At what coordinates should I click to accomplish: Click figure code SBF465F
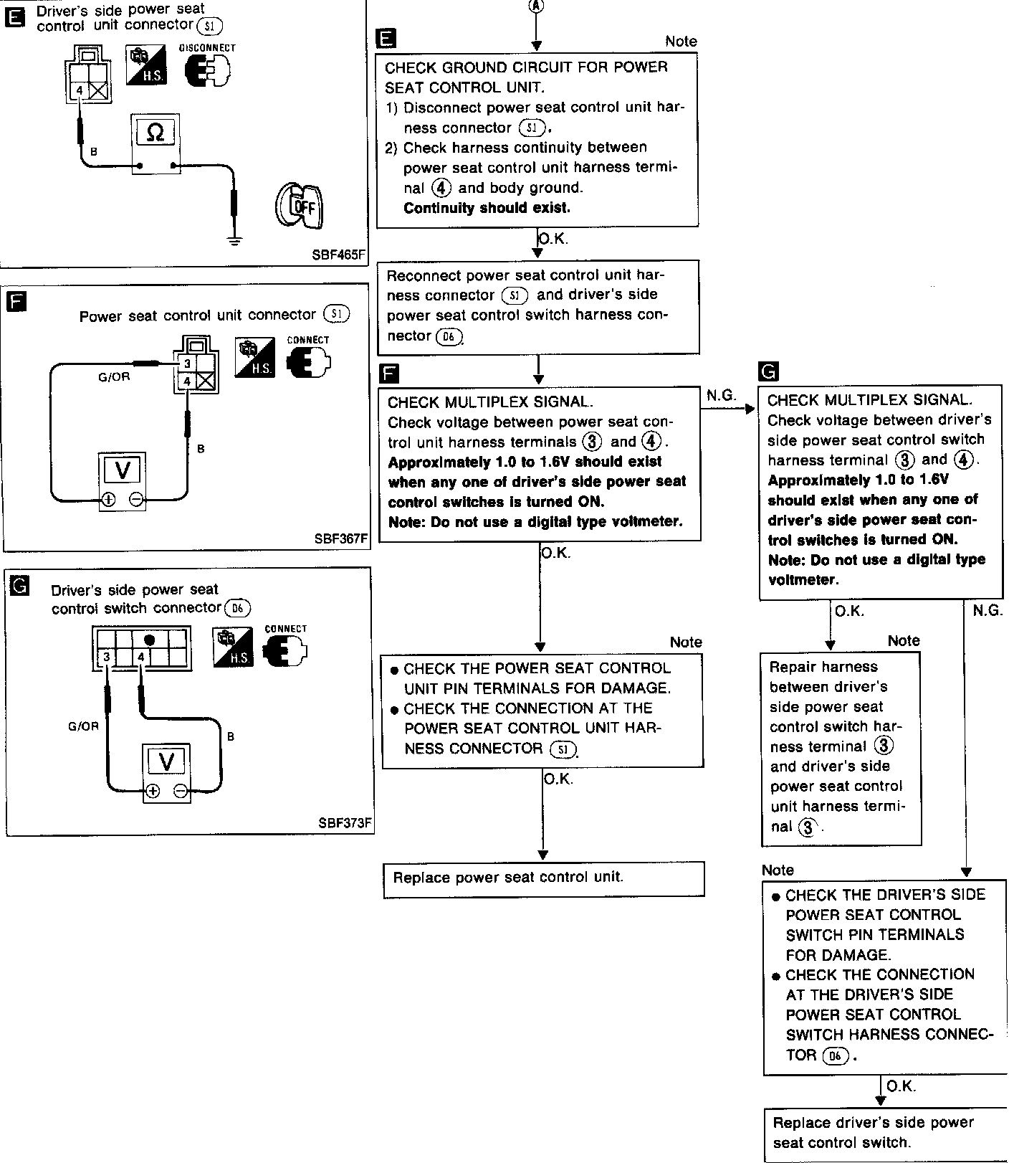coord(340,255)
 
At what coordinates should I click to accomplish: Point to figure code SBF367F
coord(342,538)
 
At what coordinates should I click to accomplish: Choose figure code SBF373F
coord(345,822)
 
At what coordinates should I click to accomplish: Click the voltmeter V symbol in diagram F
coord(123,471)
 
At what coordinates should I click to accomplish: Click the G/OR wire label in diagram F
coord(115,376)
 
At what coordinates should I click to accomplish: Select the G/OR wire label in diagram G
coord(83,726)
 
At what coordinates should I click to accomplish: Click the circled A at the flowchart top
coord(536,6)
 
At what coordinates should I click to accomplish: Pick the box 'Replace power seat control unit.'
coord(543,878)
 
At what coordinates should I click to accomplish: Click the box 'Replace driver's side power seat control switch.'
coord(885,1134)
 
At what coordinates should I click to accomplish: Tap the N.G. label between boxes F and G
coord(721,396)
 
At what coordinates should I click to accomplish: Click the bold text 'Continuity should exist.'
coord(487,208)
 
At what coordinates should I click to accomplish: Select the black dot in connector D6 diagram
coord(149,640)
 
